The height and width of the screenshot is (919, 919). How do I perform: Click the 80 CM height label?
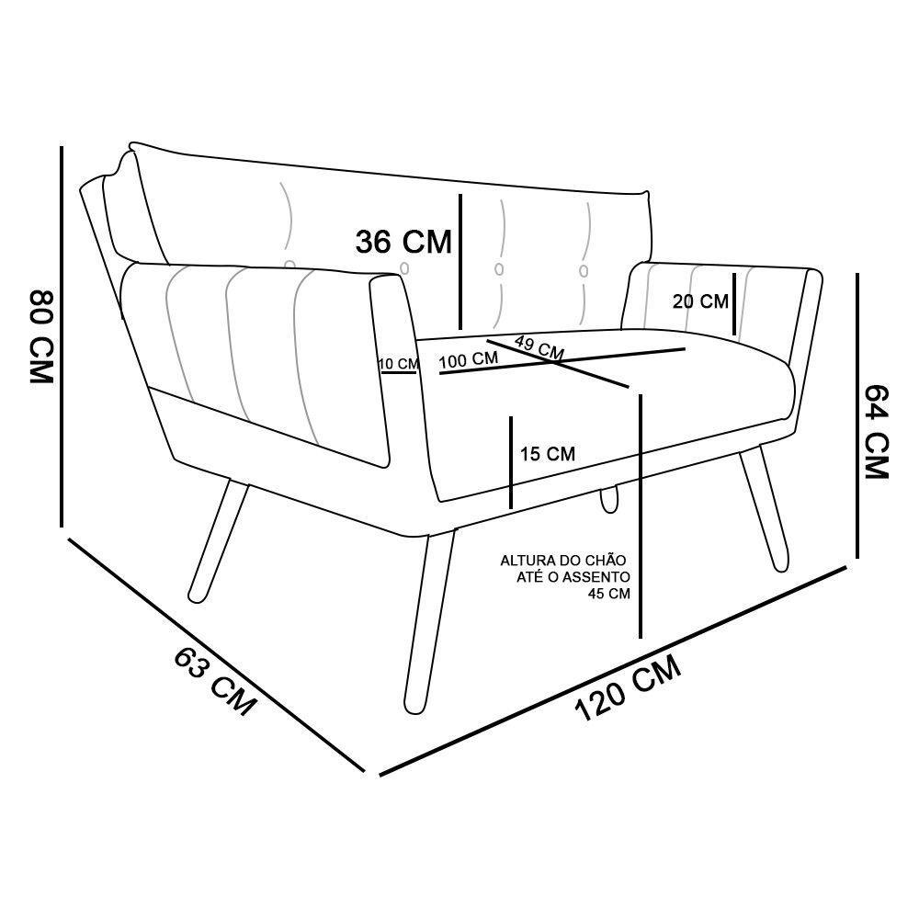coord(41,335)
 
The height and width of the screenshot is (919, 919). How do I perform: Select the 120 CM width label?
coord(628,688)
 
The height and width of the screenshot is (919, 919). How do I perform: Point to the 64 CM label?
coord(877,432)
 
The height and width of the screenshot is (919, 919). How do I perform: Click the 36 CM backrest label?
coord(403,242)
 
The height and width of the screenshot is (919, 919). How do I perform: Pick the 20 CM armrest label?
coord(700,301)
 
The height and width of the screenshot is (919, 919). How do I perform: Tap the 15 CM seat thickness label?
coord(548,454)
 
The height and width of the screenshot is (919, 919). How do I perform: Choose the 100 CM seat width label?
coord(469,360)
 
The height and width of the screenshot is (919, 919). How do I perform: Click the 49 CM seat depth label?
coord(539,347)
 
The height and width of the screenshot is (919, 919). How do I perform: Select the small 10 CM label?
coord(399,364)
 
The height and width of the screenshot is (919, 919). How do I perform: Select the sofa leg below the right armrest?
coord(765,508)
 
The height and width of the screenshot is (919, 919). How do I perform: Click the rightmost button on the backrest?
coord(584,271)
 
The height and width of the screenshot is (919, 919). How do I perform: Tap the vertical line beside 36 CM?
coord(460,262)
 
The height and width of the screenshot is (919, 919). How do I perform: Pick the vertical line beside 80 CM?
coord(61,337)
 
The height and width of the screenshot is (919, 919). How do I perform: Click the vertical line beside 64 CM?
coord(857,415)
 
